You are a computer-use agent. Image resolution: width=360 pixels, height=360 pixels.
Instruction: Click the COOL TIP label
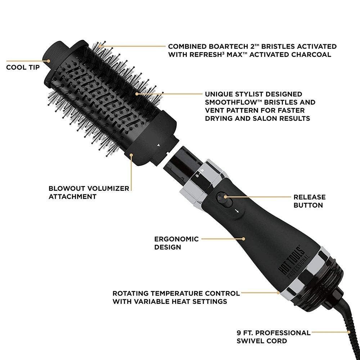[23, 67]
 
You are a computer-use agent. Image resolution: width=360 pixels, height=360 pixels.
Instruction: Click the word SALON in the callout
[265, 118]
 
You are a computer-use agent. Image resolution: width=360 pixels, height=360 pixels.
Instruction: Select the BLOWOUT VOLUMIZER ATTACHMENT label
[89, 192]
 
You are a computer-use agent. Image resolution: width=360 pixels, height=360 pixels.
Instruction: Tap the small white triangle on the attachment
[158, 145]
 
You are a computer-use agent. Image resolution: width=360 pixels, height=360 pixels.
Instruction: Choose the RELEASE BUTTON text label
[310, 201]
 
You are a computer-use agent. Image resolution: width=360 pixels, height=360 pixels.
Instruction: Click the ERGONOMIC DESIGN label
[176, 243]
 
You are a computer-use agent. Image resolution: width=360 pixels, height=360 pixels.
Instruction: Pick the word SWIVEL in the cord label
[250, 341]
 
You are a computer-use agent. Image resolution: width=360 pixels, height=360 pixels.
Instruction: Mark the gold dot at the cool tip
[49, 61]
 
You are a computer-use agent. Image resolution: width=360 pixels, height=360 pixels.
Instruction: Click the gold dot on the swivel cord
[349, 332]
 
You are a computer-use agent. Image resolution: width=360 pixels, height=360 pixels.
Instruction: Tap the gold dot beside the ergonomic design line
[244, 239]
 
